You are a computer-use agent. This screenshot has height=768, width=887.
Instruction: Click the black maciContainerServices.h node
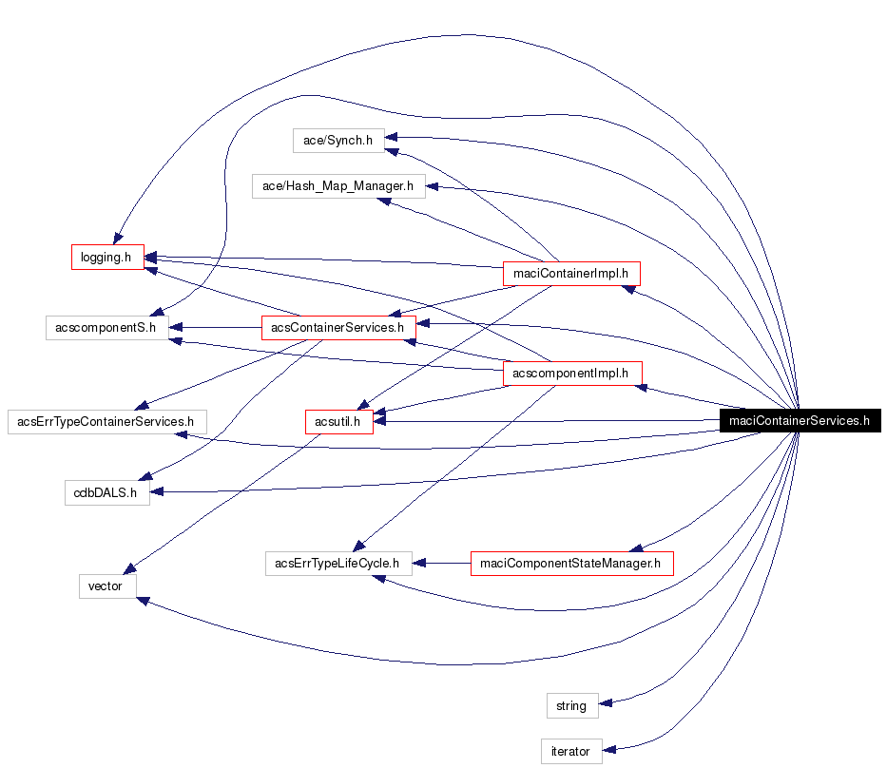(x=799, y=420)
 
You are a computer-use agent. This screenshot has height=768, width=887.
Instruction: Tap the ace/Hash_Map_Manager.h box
(x=337, y=186)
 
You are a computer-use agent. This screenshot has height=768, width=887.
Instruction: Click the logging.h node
(x=106, y=257)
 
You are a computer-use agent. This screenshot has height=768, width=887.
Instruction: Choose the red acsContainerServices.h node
(x=337, y=327)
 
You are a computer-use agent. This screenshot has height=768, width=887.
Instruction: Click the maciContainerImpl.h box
(x=570, y=273)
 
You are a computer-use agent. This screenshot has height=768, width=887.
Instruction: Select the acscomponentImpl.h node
(x=570, y=374)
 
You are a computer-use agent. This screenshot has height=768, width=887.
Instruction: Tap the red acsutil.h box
(x=337, y=420)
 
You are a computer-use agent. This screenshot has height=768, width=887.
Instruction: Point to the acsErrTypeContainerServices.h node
(x=106, y=420)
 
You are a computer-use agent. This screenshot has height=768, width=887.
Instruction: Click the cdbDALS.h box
(x=106, y=492)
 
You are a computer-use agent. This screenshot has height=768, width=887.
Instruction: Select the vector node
(x=106, y=586)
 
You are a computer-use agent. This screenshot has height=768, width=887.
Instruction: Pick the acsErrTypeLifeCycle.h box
(x=337, y=563)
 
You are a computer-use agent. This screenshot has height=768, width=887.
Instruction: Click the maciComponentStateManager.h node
(x=570, y=563)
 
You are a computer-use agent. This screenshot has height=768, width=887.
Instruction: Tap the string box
(x=571, y=705)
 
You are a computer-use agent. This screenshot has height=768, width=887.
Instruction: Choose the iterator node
(x=571, y=751)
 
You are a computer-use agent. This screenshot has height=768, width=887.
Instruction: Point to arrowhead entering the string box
(x=607, y=703)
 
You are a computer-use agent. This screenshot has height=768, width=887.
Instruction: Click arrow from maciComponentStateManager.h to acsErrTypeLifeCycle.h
(x=442, y=563)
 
